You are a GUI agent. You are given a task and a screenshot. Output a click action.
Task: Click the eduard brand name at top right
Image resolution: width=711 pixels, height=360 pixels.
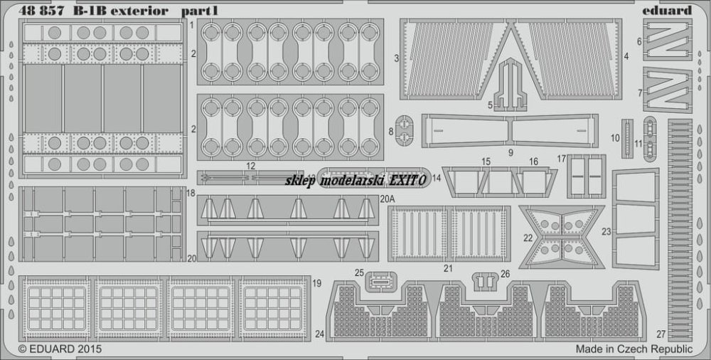point(668,10)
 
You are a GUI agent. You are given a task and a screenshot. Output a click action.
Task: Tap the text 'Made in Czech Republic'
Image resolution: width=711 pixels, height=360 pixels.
point(634,349)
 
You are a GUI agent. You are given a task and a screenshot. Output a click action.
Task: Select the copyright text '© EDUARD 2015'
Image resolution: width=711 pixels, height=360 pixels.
point(60,349)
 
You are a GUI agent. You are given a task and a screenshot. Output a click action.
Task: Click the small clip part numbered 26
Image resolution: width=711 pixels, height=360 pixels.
point(486,282)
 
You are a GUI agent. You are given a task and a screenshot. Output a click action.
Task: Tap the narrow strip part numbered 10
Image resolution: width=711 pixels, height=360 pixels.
point(627,138)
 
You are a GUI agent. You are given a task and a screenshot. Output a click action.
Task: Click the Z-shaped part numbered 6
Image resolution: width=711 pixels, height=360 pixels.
point(668,40)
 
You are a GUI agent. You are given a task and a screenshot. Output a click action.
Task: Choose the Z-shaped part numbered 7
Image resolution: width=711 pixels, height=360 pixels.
point(668,90)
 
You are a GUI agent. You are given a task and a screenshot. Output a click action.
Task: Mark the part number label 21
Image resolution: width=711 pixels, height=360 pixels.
point(448,268)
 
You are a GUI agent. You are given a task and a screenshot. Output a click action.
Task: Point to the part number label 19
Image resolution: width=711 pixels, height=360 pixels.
point(316,283)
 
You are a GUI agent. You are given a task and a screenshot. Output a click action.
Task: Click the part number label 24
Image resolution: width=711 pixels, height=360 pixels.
point(320,334)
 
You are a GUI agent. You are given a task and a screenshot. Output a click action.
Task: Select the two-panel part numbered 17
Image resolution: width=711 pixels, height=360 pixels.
point(587,176)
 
